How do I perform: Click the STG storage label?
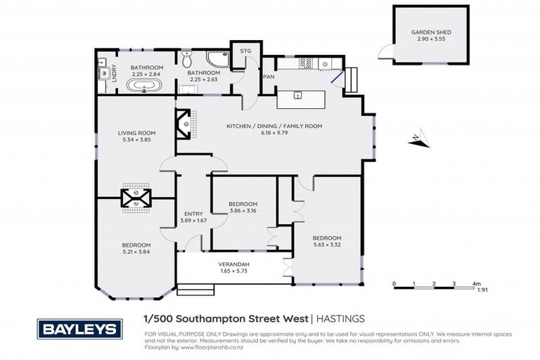pos(245,51)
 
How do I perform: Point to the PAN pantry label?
pos(268,77)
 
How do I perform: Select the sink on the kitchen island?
pos(298,96)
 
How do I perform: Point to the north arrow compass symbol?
pos(419,141)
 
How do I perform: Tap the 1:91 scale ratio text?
pos(482,290)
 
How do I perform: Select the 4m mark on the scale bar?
pos(476,284)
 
